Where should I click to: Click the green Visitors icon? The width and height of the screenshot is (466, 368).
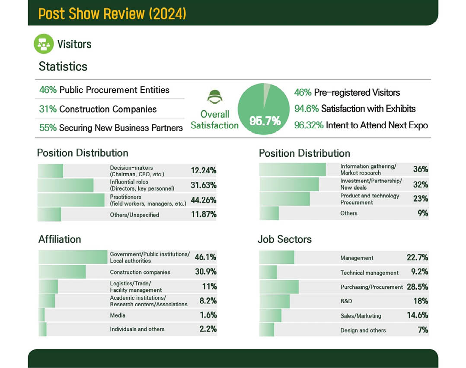coord(44,44)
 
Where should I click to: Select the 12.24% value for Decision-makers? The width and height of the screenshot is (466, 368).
coord(203,171)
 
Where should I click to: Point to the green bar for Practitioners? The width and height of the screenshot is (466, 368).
coord(71,200)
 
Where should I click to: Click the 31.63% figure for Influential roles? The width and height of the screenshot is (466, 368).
coord(203,185)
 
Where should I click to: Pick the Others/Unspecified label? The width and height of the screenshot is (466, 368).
coord(134,215)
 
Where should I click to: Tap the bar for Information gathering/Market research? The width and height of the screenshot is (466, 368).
coord(292,169)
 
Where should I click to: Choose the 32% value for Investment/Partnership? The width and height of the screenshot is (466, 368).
coord(420,184)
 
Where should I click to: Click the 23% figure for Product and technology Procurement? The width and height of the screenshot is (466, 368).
coord(420,199)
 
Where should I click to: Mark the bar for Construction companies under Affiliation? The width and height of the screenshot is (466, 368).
coord(62,272)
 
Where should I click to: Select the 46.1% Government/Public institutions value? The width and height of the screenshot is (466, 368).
coord(205,257)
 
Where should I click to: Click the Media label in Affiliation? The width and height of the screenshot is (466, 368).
coord(118,315)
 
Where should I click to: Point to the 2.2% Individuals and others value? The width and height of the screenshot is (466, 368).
coord(208,329)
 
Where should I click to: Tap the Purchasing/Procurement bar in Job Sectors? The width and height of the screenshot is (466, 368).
coord(279,287)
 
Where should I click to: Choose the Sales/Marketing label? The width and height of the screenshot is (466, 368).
coord(361,316)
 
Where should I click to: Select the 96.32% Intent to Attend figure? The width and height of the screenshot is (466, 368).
coord(309,125)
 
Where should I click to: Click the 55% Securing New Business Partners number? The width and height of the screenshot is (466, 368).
coord(48,128)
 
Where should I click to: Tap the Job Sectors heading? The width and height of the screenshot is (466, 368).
coord(284,239)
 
